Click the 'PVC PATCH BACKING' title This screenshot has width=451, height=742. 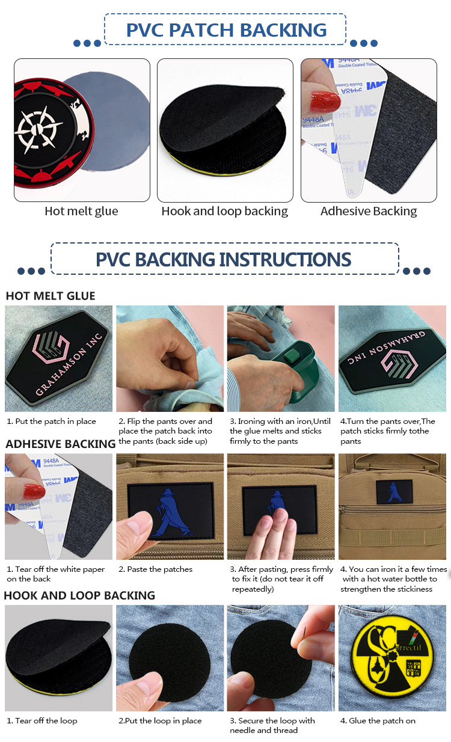pos(226,29)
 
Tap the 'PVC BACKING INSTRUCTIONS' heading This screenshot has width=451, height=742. pos(224,259)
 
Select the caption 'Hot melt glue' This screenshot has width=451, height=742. pos(81,211)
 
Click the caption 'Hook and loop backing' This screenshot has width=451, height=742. pos(224,211)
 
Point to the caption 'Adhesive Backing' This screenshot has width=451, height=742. pos(369,211)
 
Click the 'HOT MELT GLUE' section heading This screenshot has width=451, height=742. pos(51,296)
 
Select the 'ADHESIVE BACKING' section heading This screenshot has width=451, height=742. pos(60,444)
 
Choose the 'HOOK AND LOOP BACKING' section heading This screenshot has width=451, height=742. pos(79,595)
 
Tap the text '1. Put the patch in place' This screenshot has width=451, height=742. pos(51,422)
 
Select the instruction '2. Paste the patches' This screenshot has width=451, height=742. pos(156,569)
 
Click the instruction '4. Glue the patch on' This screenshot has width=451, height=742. pos(378,721)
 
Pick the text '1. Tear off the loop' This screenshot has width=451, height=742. pos(42,721)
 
